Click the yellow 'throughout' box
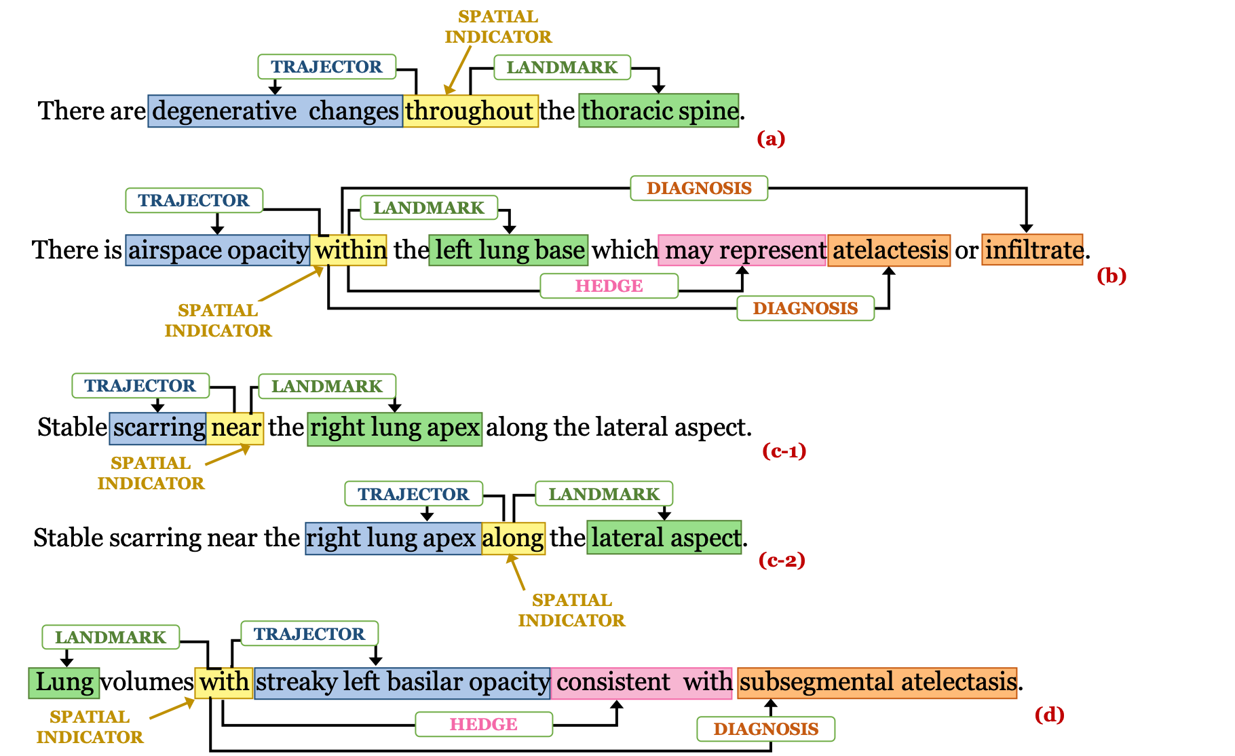click(x=471, y=111)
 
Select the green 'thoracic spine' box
click(x=659, y=111)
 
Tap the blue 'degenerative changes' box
click(x=275, y=111)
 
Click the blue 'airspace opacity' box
click(x=218, y=250)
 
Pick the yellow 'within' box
click(x=349, y=250)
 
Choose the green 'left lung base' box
click(x=508, y=250)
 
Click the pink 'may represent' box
click(x=742, y=250)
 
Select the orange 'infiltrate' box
click(x=1032, y=250)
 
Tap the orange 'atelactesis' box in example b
click(x=889, y=250)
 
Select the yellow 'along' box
click(x=514, y=539)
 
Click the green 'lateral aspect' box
click(x=664, y=538)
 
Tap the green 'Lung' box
click(x=64, y=683)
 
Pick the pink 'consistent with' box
click(x=642, y=683)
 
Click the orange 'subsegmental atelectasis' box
click(x=877, y=683)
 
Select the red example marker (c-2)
click(x=782, y=561)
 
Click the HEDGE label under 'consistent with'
click(x=484, y=724)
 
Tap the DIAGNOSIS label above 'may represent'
click(x=699, y=188)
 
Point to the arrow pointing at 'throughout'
click(x=459, y=70)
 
